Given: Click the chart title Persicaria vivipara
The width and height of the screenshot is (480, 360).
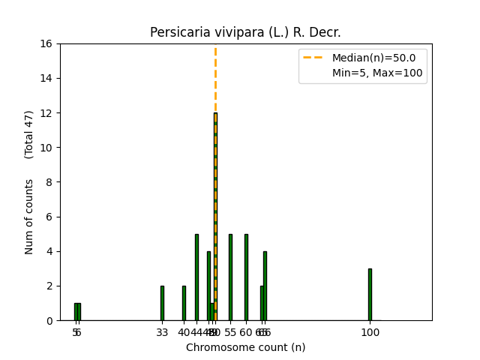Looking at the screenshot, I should click(245, 32).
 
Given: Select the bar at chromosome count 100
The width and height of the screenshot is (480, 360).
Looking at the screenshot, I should click(370, 294).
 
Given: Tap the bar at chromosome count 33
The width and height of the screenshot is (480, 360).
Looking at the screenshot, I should click(162, 303).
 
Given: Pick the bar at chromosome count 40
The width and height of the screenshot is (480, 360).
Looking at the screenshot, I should click(184, 303).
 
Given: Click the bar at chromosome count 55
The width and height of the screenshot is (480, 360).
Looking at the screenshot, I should click(230, 277).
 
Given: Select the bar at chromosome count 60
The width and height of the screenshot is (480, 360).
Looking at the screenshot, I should click(246, 277).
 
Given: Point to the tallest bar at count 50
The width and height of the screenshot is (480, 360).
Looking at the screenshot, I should click(214, 217).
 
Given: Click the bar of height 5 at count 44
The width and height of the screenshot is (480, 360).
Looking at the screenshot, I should click(196, 277).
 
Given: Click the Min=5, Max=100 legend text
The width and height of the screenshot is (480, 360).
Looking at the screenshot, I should click(377, 73).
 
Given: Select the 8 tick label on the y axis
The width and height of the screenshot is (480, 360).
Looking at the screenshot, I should click(49, 182).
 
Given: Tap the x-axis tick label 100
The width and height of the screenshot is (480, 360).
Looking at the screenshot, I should click(370, 332).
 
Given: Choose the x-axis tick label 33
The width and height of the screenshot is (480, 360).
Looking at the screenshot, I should click(162, 332).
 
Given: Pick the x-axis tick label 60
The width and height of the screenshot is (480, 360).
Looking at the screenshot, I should click(246, 332).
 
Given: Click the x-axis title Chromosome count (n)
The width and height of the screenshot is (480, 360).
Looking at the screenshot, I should click(245, 347).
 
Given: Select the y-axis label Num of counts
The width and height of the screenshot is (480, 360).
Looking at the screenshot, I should click(29, 217).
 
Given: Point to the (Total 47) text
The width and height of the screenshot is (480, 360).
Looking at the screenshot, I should click(29, 134).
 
